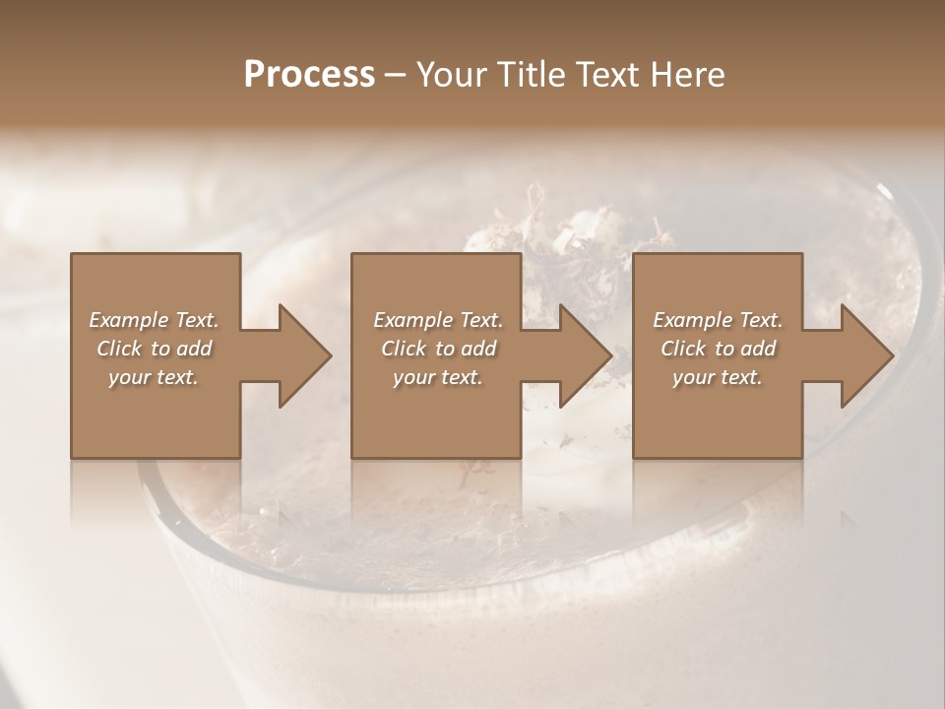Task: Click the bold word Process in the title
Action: click(x=309, y=75)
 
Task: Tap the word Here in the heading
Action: click(x=689, y=75)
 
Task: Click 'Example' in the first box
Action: click(x=128, y=320)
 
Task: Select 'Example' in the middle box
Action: click(x=412, y=320)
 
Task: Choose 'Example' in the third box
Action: click(x=692, y=320)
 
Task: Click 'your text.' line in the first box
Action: click(x=154, y=377)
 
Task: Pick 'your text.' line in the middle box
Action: click(x=437, y=377)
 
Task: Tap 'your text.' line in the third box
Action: click(x=718, y=377)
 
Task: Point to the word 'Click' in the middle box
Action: click(x=404, y=349)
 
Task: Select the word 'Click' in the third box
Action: click(x=683, y=349)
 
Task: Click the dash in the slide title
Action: click(x=395, y=76)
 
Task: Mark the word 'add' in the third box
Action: click(x=758, y=349)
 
